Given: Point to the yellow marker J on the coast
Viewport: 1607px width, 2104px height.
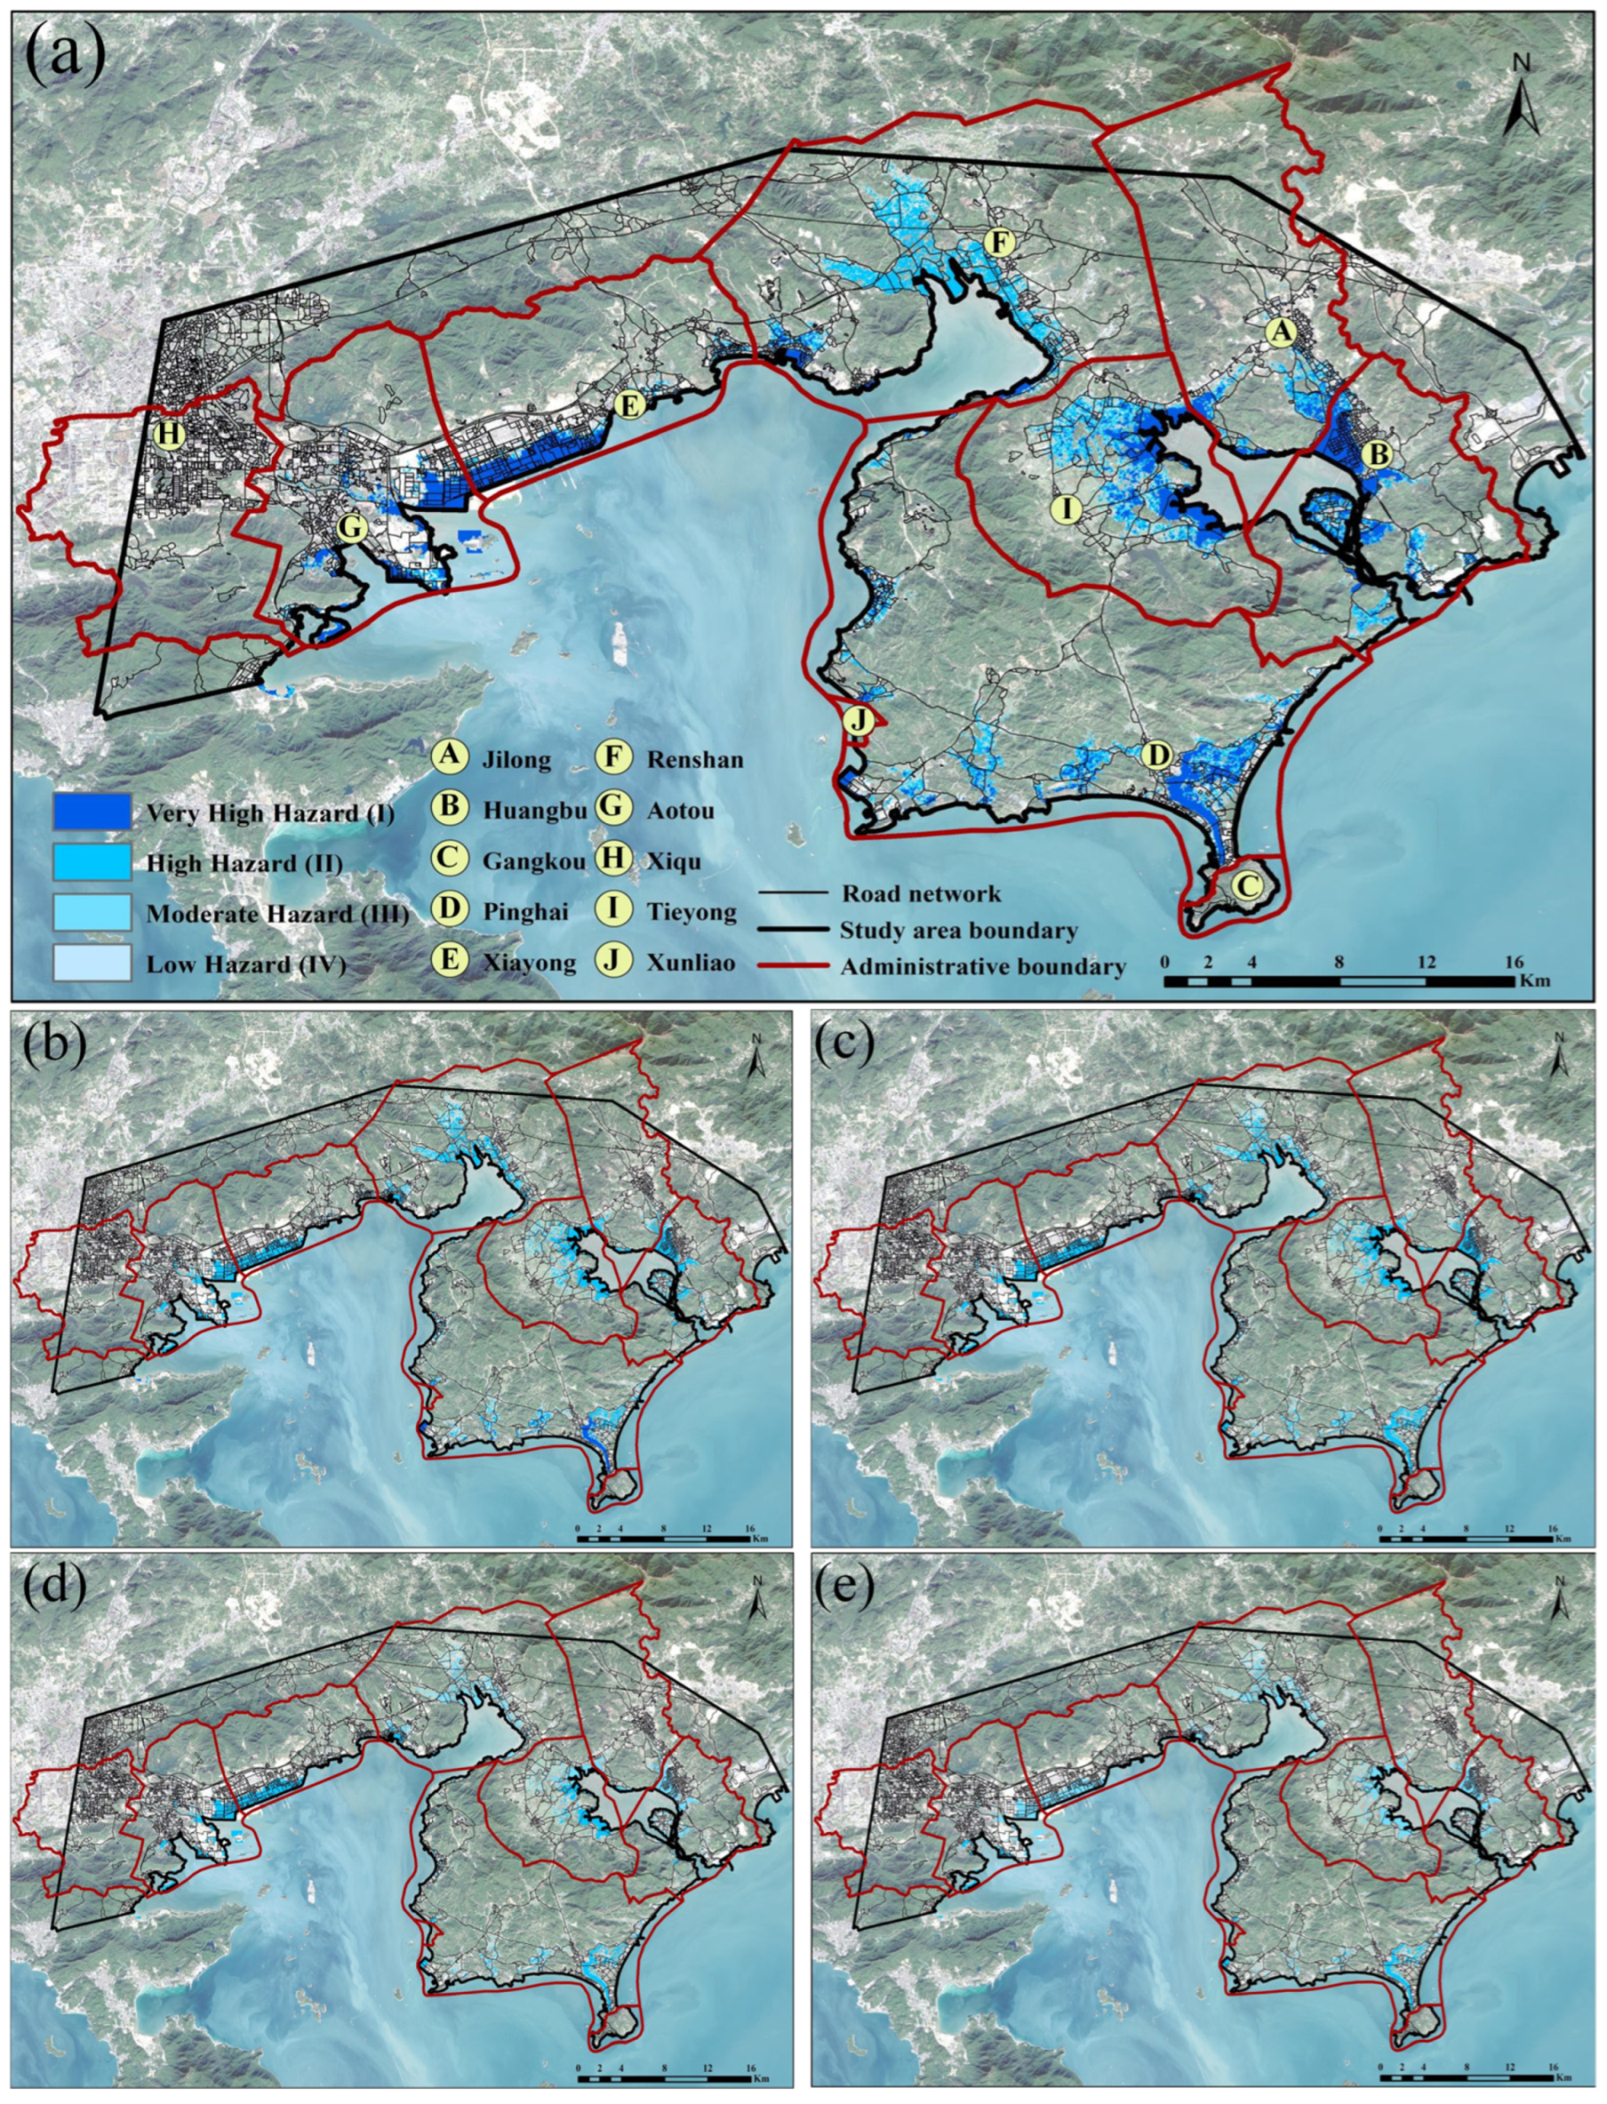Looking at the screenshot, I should [858, 720].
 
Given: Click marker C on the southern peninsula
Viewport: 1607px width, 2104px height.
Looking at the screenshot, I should [1244, 885].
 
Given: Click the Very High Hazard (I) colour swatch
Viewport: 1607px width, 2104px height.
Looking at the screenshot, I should [92, 811].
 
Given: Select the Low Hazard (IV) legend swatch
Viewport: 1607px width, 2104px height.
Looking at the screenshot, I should [92, 962].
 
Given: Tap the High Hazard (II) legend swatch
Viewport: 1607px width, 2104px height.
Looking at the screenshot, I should [92, 861].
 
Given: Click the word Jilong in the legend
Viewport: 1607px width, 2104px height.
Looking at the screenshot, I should [516, 760].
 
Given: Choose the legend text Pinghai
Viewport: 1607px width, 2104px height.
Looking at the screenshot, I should [525, 911].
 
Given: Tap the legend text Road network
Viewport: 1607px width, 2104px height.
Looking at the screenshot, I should [920, 894].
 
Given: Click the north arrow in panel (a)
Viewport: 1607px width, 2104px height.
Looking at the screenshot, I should [1521, 93].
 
